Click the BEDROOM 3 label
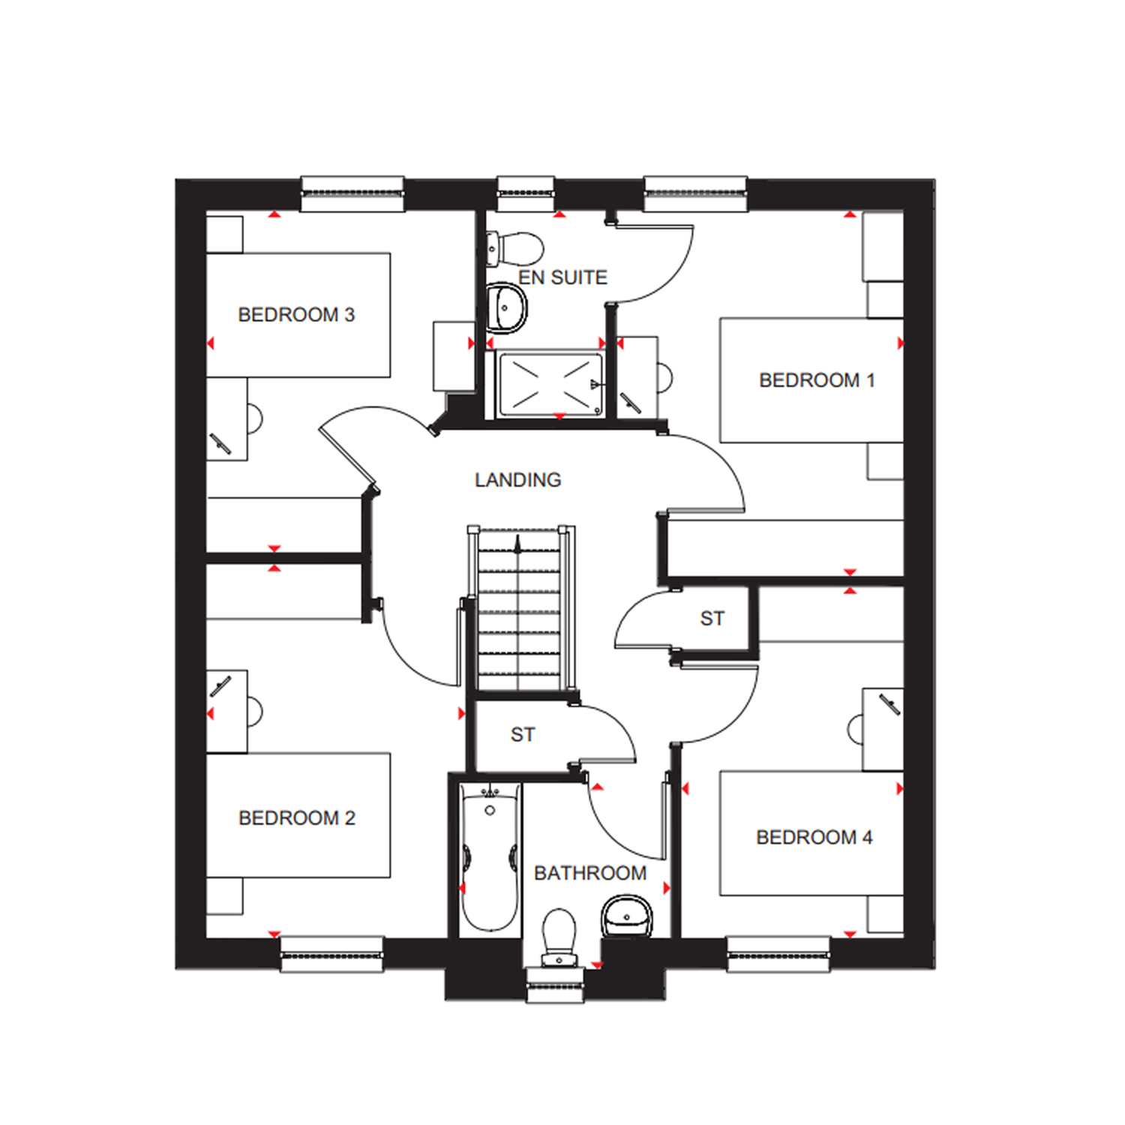pyautogui.click(x=296, y=315)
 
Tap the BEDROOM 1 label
pyautogui.click(x=817, y=380)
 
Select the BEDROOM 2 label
pyautogui.click(x=297, y=817)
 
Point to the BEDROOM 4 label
pyautogui.click(x=814, y=837)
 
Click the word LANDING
pyautogui.click(x=518, y=480)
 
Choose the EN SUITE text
pyautogui.click(x=562, y=277)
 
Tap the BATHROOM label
pyautogui.click(x=590, y=873)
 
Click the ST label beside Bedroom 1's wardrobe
pyautogui.click(x=712, y=619)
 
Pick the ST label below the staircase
pyautogui.click(x=523, y=735)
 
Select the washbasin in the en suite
pyautogui.click(x=506, y=307)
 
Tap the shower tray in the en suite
pyautogui.click(x=550, y=384)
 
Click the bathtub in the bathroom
pyautogui.click(x=490, y=858)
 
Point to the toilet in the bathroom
pyautogui.click(x=559, y=937)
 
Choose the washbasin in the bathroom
pyautogui.click(x=627, y=916)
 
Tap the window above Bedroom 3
pyautogui.click(x=352, y=193)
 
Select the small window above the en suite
pyautogui.click(x=526, y=193)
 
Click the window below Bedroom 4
pyautogui.click(x=778, y=955)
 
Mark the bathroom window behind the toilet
pyautogui.click(x=555, y=985)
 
